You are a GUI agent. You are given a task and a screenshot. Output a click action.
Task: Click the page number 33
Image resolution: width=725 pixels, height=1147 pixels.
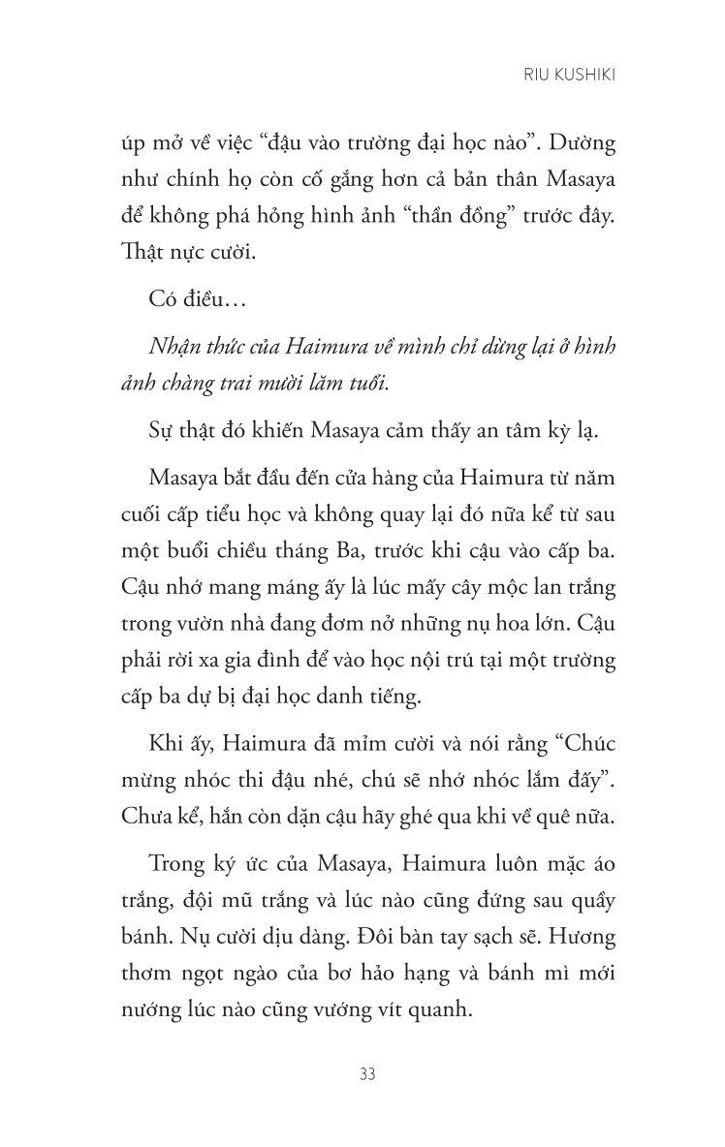click(x=367, y=1074)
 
